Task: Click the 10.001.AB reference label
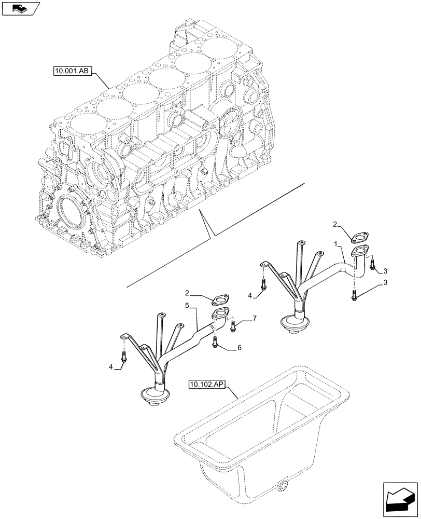pos(72,71)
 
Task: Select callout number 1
pos(337,243)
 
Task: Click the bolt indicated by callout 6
pos(215,342)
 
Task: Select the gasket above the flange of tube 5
pos(221,299)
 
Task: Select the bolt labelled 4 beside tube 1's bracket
pos(264,284)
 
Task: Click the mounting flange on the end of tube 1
pos(360,253)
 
